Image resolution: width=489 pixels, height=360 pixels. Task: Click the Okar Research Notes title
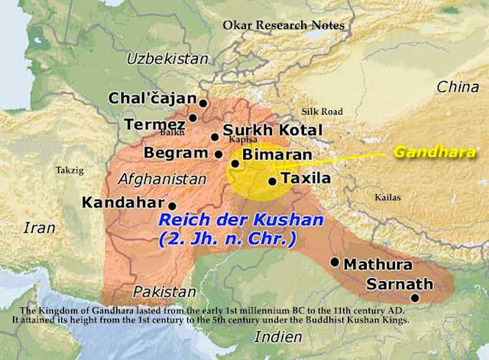[283, 25]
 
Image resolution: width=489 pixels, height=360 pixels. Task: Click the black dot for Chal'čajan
[203, 102]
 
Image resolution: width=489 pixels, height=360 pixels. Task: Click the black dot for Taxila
[272, 181]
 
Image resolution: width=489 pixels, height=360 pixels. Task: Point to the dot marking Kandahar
[173, 206]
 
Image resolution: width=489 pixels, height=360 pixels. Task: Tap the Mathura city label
[377, 265]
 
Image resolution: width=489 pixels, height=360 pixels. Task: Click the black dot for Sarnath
[415, 298]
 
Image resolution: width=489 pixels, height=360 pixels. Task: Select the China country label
[458, 87]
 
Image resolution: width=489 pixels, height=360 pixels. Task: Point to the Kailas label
[387, 197]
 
